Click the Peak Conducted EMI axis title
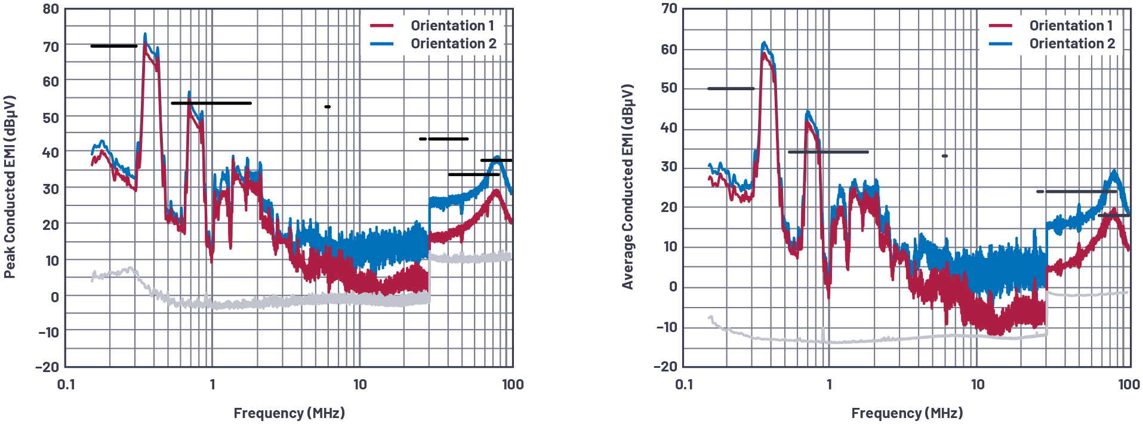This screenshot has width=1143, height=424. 9,187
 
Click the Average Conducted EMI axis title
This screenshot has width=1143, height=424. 627,187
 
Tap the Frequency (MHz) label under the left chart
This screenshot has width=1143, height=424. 289,413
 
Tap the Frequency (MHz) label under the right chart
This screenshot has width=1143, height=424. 907,413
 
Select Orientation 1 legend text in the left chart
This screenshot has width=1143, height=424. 452,26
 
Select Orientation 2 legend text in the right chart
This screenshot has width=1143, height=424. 1071,44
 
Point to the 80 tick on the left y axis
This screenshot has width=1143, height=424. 51,9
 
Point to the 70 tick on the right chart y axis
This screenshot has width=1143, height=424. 669,8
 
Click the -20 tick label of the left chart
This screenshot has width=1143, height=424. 47,367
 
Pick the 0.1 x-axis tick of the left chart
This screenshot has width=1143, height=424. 66,384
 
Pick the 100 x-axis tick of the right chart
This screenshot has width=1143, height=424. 1129,384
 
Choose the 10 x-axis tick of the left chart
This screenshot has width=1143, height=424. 360,384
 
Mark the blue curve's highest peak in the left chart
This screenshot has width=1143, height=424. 145,35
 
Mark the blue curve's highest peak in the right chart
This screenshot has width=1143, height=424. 764,43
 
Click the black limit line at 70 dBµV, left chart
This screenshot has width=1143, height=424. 113,46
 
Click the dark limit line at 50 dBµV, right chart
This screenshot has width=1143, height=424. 731,88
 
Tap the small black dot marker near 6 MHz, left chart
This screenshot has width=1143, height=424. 328,107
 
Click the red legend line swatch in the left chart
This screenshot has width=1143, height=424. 382,26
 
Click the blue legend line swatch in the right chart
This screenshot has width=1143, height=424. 1000,44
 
